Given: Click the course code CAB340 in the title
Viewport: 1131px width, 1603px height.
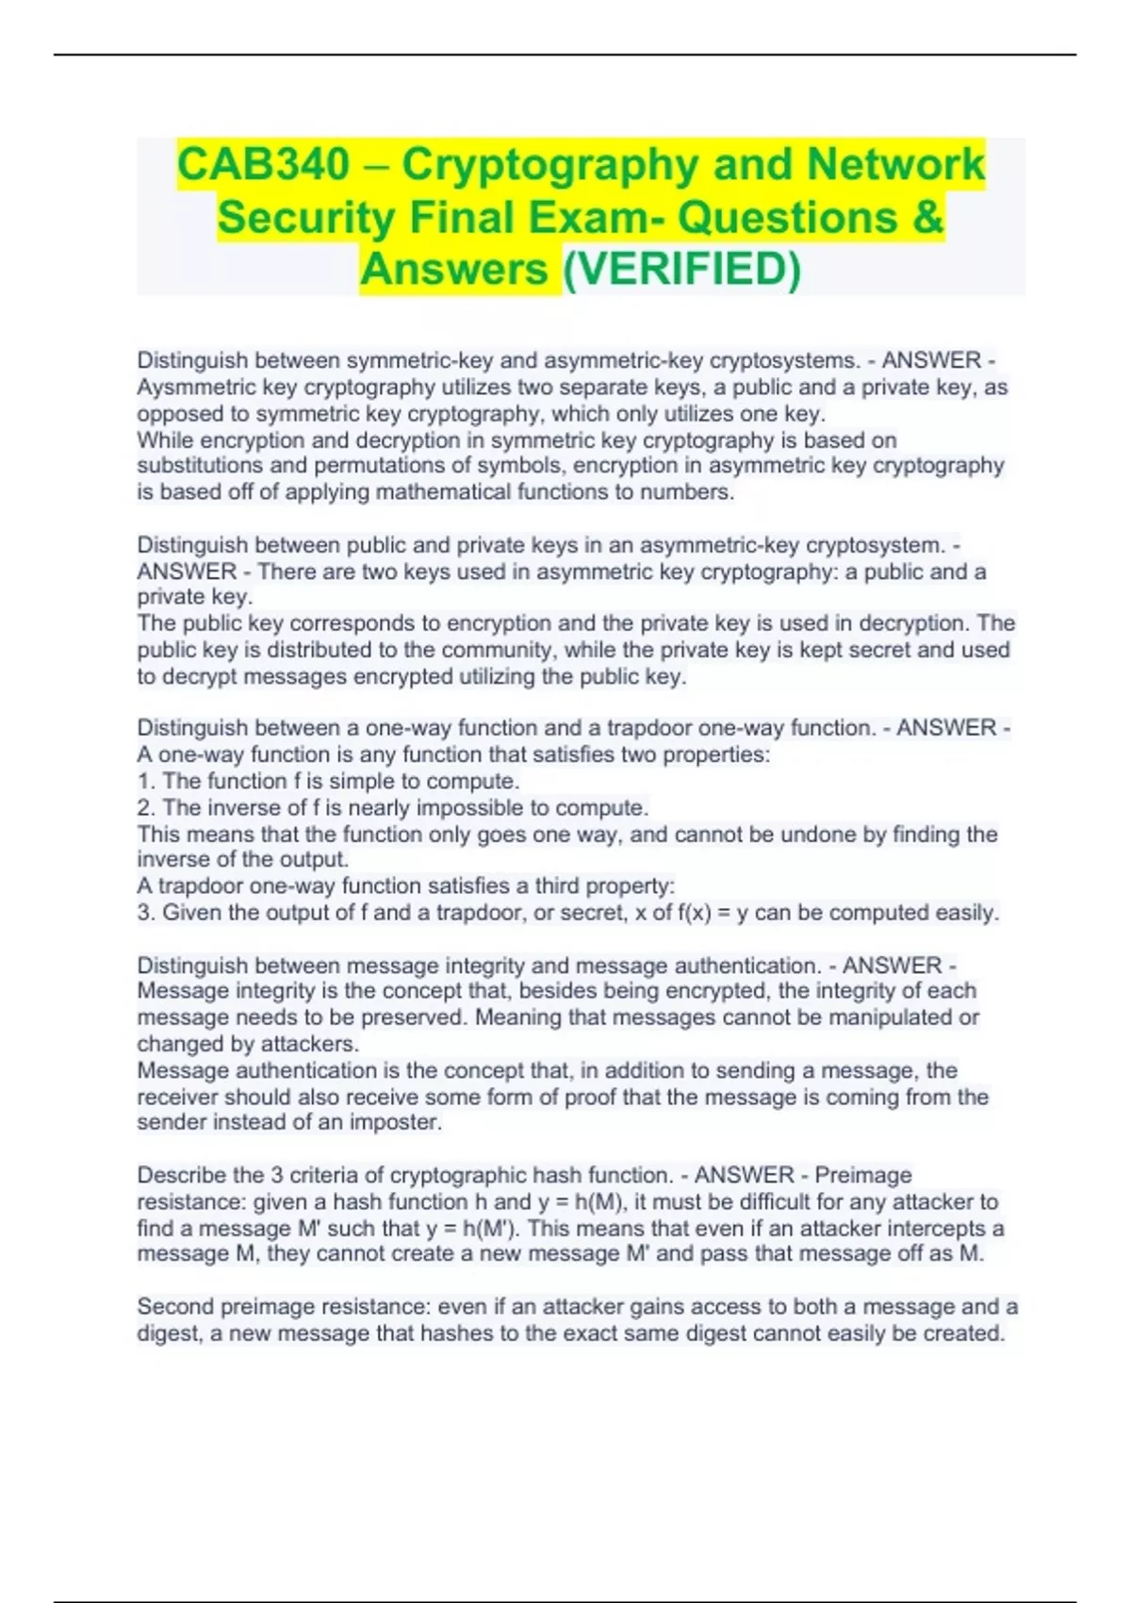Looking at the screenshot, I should (263, 165).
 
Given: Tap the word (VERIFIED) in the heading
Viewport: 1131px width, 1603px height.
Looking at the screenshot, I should (681, 270).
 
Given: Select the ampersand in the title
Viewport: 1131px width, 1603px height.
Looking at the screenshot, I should (927, 218).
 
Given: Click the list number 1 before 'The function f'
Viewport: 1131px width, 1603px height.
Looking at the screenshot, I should (144, 782).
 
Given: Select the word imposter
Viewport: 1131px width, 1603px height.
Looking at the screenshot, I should (395, 1123).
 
